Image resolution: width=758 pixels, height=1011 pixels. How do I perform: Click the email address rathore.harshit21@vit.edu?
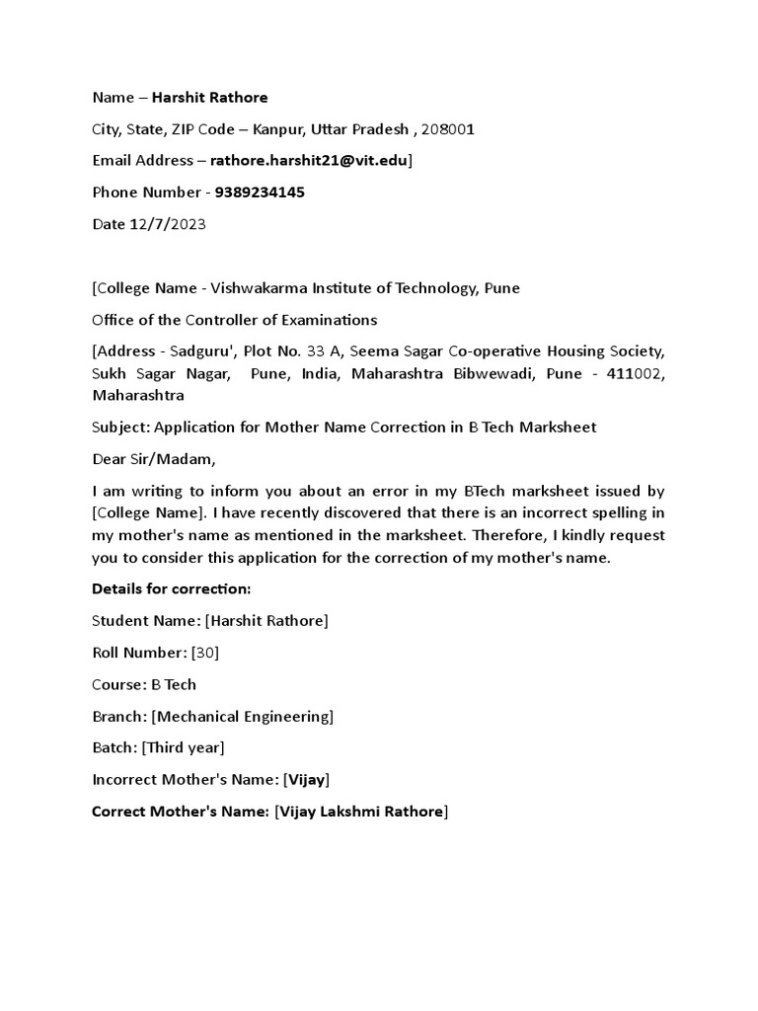point(310,161)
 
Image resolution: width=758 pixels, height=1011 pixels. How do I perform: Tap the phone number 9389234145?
point(260,193)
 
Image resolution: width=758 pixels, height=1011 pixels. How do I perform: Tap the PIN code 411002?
point(636,374)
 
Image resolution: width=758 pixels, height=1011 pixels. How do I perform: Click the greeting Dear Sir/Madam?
point(152,459)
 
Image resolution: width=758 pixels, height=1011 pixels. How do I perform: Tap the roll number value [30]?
point(205,653)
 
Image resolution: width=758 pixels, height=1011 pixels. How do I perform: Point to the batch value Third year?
point(184,747)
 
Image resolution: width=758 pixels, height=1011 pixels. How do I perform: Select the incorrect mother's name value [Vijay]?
point(306,780)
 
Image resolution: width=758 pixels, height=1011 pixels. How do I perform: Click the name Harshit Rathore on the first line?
point(209,98)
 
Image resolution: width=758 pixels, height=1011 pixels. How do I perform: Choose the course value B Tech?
point(174,684)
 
